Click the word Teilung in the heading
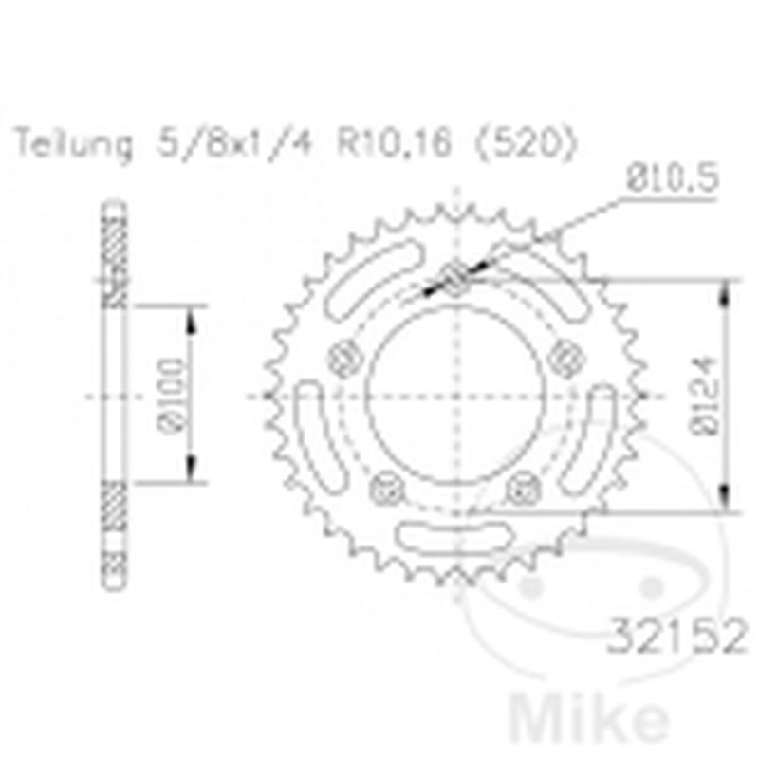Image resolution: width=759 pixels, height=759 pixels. (x=72, y=146)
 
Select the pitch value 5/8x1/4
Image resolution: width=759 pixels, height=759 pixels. (x=237, y=146)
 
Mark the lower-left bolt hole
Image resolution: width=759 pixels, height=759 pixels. (x=386, y=491)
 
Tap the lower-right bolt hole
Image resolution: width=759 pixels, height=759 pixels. (x=523, y=491)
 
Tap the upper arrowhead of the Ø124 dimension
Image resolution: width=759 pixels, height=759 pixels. (x=726, y=289)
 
